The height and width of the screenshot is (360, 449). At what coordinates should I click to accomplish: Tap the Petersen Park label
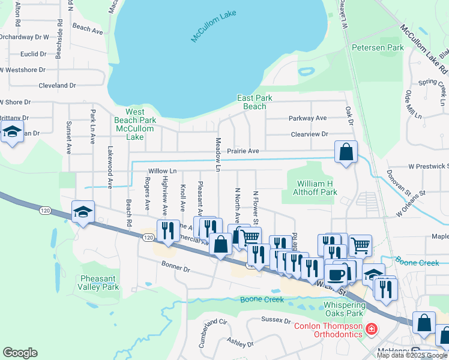point(378,47)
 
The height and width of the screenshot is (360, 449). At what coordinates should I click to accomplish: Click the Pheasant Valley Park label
point(99,283)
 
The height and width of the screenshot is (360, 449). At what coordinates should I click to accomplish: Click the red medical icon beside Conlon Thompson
point(372,329)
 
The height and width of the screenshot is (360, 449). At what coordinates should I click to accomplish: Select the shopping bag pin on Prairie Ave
point(346,152)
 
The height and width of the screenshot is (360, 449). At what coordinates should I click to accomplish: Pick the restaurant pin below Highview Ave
point(168,230)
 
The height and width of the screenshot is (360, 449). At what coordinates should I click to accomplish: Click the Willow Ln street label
point(163,171)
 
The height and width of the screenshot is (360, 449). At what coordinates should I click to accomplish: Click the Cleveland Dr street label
point(57,86)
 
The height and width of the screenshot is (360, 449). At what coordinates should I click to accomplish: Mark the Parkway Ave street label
point(307,118)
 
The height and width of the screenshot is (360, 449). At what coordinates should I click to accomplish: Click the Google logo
point(20,353)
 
